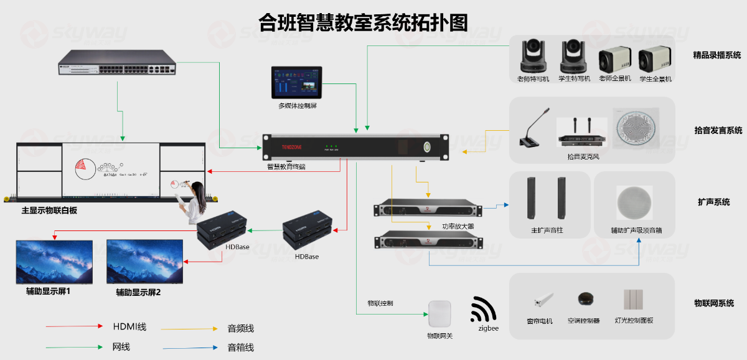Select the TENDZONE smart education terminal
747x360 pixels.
pyautogui.click(x=355, y=147)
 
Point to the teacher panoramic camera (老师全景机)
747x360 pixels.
pyautogui.click(x=614, y=60)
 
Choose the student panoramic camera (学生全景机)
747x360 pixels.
pyautogui.click(x=655, y=60)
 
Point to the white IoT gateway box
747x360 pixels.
pyautogui.click(x=439, y=315)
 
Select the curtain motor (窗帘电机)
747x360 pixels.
pyautogui.click(x=538, y=301)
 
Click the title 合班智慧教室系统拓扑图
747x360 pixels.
pyautogui.click(x=364, y=22)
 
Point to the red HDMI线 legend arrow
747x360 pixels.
pyautogui.click(x=74, y=326)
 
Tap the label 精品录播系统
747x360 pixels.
pyautogui.click(x=716, y=55)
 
